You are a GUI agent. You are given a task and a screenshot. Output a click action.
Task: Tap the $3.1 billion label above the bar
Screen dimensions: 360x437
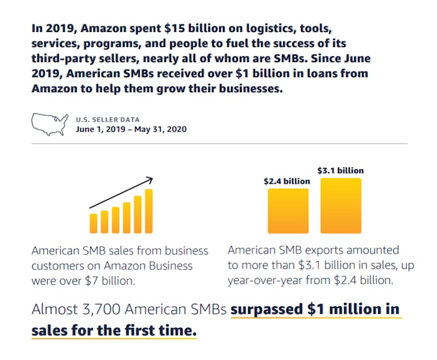tap(340, 170)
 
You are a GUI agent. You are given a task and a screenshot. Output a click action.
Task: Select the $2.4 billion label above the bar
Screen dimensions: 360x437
tap(287, 181)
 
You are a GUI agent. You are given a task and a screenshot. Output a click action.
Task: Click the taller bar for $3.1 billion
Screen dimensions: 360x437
tap(341, 206)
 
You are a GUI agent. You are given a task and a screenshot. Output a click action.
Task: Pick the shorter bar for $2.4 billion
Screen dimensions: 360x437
tap(288, 211)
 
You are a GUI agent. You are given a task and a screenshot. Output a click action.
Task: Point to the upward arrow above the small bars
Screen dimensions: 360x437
tap(121, 193)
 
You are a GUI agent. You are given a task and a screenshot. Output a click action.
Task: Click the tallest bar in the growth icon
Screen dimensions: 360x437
tap(149, 211)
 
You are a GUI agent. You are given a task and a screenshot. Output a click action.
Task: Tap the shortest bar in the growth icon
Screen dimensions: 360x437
tap(94, 223)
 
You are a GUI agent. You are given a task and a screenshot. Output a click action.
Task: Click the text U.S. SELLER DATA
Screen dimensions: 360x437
tap(107, 119)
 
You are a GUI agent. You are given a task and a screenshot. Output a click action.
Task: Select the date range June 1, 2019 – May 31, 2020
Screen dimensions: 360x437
tap(131, 129)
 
